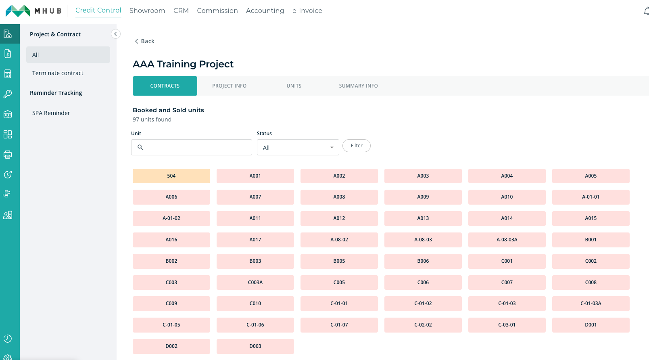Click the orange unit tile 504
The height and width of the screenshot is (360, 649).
point(171,176)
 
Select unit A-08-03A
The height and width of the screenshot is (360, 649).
point(507,240)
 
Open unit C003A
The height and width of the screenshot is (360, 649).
point(255,283)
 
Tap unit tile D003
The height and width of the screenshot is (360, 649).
point(255,346)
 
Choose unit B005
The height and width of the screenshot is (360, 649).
point(339,261)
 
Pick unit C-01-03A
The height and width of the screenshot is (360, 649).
point(591,303)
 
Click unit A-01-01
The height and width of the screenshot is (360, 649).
point(591,197)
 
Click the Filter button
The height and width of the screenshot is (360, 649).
point(357,146)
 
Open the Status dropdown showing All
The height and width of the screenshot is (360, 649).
point(298,147)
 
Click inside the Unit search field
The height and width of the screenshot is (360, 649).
point(192,147)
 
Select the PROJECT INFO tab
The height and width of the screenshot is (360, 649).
point(229,86)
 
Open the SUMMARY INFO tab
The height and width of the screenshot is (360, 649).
point(359,86)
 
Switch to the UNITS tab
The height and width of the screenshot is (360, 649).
point(294,86)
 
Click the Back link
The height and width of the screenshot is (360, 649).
point(144,41)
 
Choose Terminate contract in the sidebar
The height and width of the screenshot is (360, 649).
point(58,73)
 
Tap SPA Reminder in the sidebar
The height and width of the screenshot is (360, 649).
point(51,113)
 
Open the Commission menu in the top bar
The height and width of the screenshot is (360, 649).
point(217,11)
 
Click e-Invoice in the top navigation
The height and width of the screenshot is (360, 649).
point(307,11)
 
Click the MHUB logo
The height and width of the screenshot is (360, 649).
point(33,11)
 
